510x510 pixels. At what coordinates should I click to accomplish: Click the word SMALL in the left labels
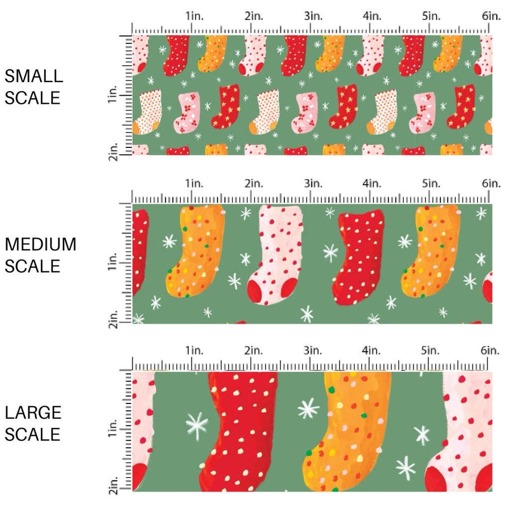click(x=33, y=76)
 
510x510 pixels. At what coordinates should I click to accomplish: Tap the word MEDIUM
click(x=41, y=245)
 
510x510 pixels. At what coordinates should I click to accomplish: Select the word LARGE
click(x=33, y=413)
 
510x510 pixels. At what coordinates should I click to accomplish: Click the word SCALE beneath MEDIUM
click(x=32, y=266)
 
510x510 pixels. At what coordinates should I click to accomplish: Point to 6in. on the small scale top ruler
click(x=491, y=16)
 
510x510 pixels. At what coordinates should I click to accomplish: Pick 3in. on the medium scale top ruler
click(x=312, y=184)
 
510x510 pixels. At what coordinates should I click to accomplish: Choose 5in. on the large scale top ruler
click(x=431, y=351)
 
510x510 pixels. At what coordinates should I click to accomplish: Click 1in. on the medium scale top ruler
click(x=194, y=184)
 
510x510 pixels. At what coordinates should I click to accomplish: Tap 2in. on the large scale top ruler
click(x=253, y=351)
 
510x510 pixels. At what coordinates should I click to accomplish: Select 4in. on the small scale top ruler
click(x=372, y=16)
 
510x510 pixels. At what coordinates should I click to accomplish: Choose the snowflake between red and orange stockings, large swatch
click(x=308, y=409)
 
